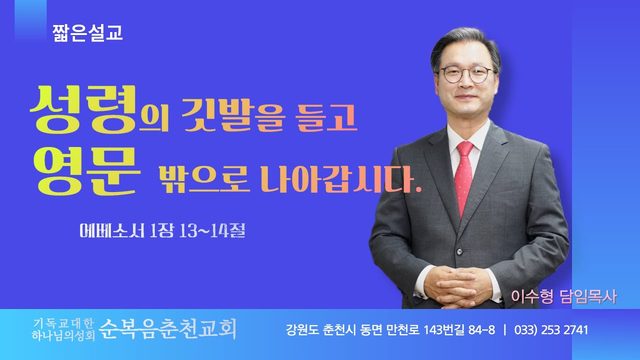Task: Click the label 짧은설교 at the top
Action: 87,33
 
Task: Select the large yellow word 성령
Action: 84,109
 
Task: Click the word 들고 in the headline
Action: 327,117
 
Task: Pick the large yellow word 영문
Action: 87,171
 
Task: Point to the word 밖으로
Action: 204,178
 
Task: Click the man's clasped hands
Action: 457,286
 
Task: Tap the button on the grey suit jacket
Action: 460,252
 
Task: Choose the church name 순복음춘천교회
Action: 168,329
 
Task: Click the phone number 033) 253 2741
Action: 551,330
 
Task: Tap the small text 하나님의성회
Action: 63,336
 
